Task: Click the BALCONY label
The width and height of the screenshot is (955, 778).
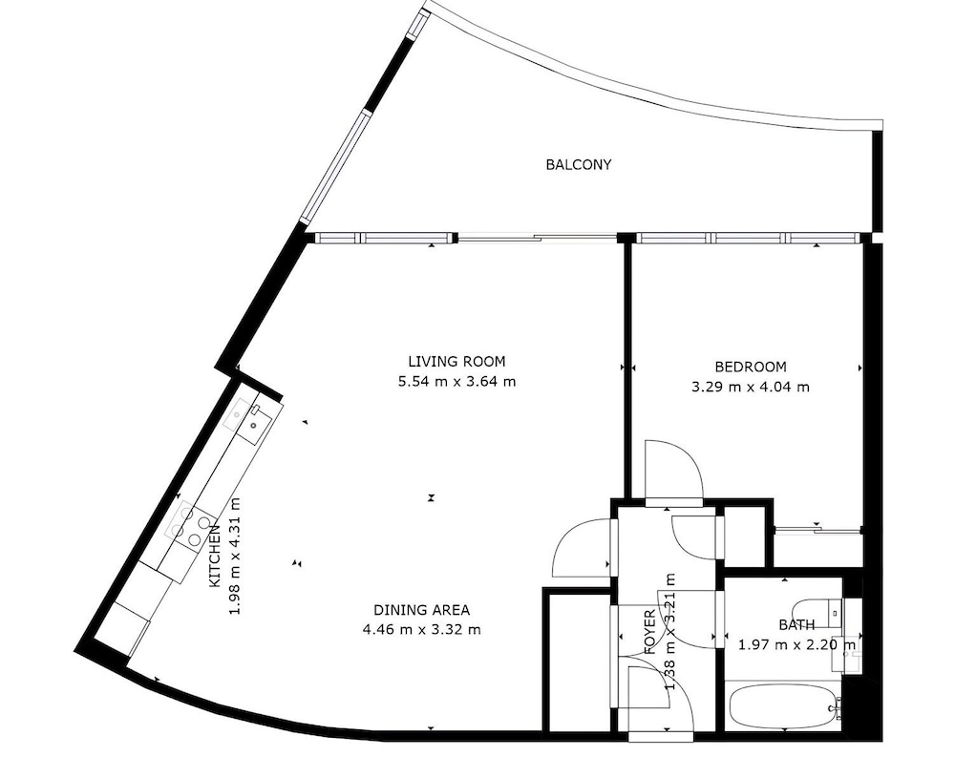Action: click(578, 164)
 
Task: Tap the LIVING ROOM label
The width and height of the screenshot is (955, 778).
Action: click(456, 362)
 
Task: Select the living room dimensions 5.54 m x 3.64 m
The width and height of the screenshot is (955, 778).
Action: click(456, 382)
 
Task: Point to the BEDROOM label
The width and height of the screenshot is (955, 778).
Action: click(751, 368)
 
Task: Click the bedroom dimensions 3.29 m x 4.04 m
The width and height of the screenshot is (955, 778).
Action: click(751, 387)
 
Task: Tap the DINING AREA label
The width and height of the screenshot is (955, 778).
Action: click(421, 609)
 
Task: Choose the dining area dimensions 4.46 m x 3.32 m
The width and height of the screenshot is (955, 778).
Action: click(421, 629)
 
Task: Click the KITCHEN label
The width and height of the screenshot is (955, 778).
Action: click(215, 557)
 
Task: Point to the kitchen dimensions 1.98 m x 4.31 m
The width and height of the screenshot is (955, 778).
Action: click(235, 557)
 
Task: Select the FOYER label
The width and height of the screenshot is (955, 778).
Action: click(650, 631)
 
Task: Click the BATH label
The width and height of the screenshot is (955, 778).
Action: click(796, 624)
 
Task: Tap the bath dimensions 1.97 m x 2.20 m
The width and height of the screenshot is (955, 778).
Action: click(796, 644)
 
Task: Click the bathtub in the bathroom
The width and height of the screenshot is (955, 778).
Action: click(784, 706)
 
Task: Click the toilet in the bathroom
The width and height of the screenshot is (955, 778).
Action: click(817, 612)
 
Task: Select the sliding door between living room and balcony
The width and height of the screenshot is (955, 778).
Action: click(537, 238)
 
